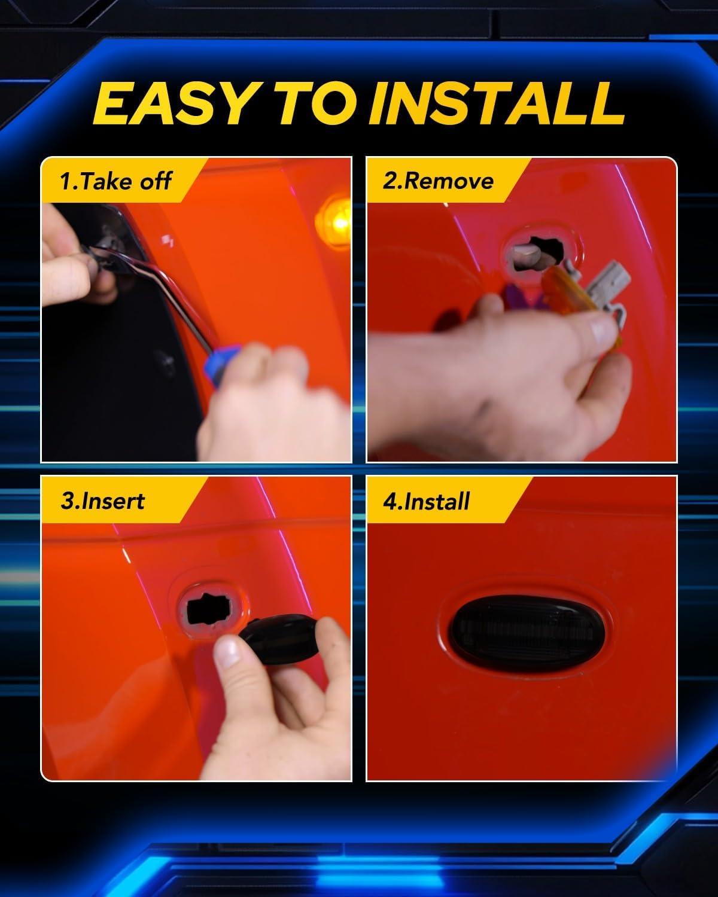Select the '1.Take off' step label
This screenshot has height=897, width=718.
pos(115,181)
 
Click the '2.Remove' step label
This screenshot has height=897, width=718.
pos(438,181)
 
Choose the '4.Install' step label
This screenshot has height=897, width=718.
pos(427,501)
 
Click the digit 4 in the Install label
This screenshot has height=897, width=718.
pos(390,502)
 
